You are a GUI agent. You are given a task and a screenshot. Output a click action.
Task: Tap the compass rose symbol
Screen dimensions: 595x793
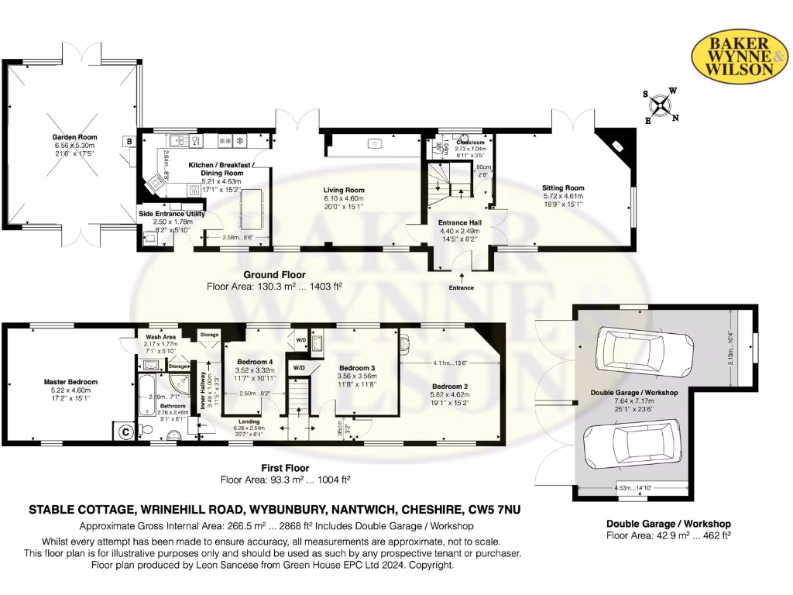pyautogui.click(x=661, y=106)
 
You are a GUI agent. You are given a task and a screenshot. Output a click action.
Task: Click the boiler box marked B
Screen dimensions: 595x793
pyautogui.click(x=128, y=141)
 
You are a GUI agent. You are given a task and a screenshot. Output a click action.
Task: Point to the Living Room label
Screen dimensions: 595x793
pyautogui.click(x=344, y=190)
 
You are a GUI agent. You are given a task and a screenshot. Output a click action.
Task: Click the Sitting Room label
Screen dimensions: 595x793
pyautogui.click(x=563, y=187)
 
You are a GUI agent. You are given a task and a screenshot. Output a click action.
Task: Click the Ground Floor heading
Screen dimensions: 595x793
pyautogui.click(x=274, y=274)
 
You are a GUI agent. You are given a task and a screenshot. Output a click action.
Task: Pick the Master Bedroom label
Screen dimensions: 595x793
pyautogui.click(x=70, y=382)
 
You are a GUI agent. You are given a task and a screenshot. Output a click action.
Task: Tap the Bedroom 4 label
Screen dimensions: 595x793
pyautogui.click(x=256, y=363)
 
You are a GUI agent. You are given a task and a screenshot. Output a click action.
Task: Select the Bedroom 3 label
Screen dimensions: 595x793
pyautogui.click(x=357, y=367)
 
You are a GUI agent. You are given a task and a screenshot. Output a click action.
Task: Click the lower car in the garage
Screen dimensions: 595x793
pyautogui.click(x=631, y=442)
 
